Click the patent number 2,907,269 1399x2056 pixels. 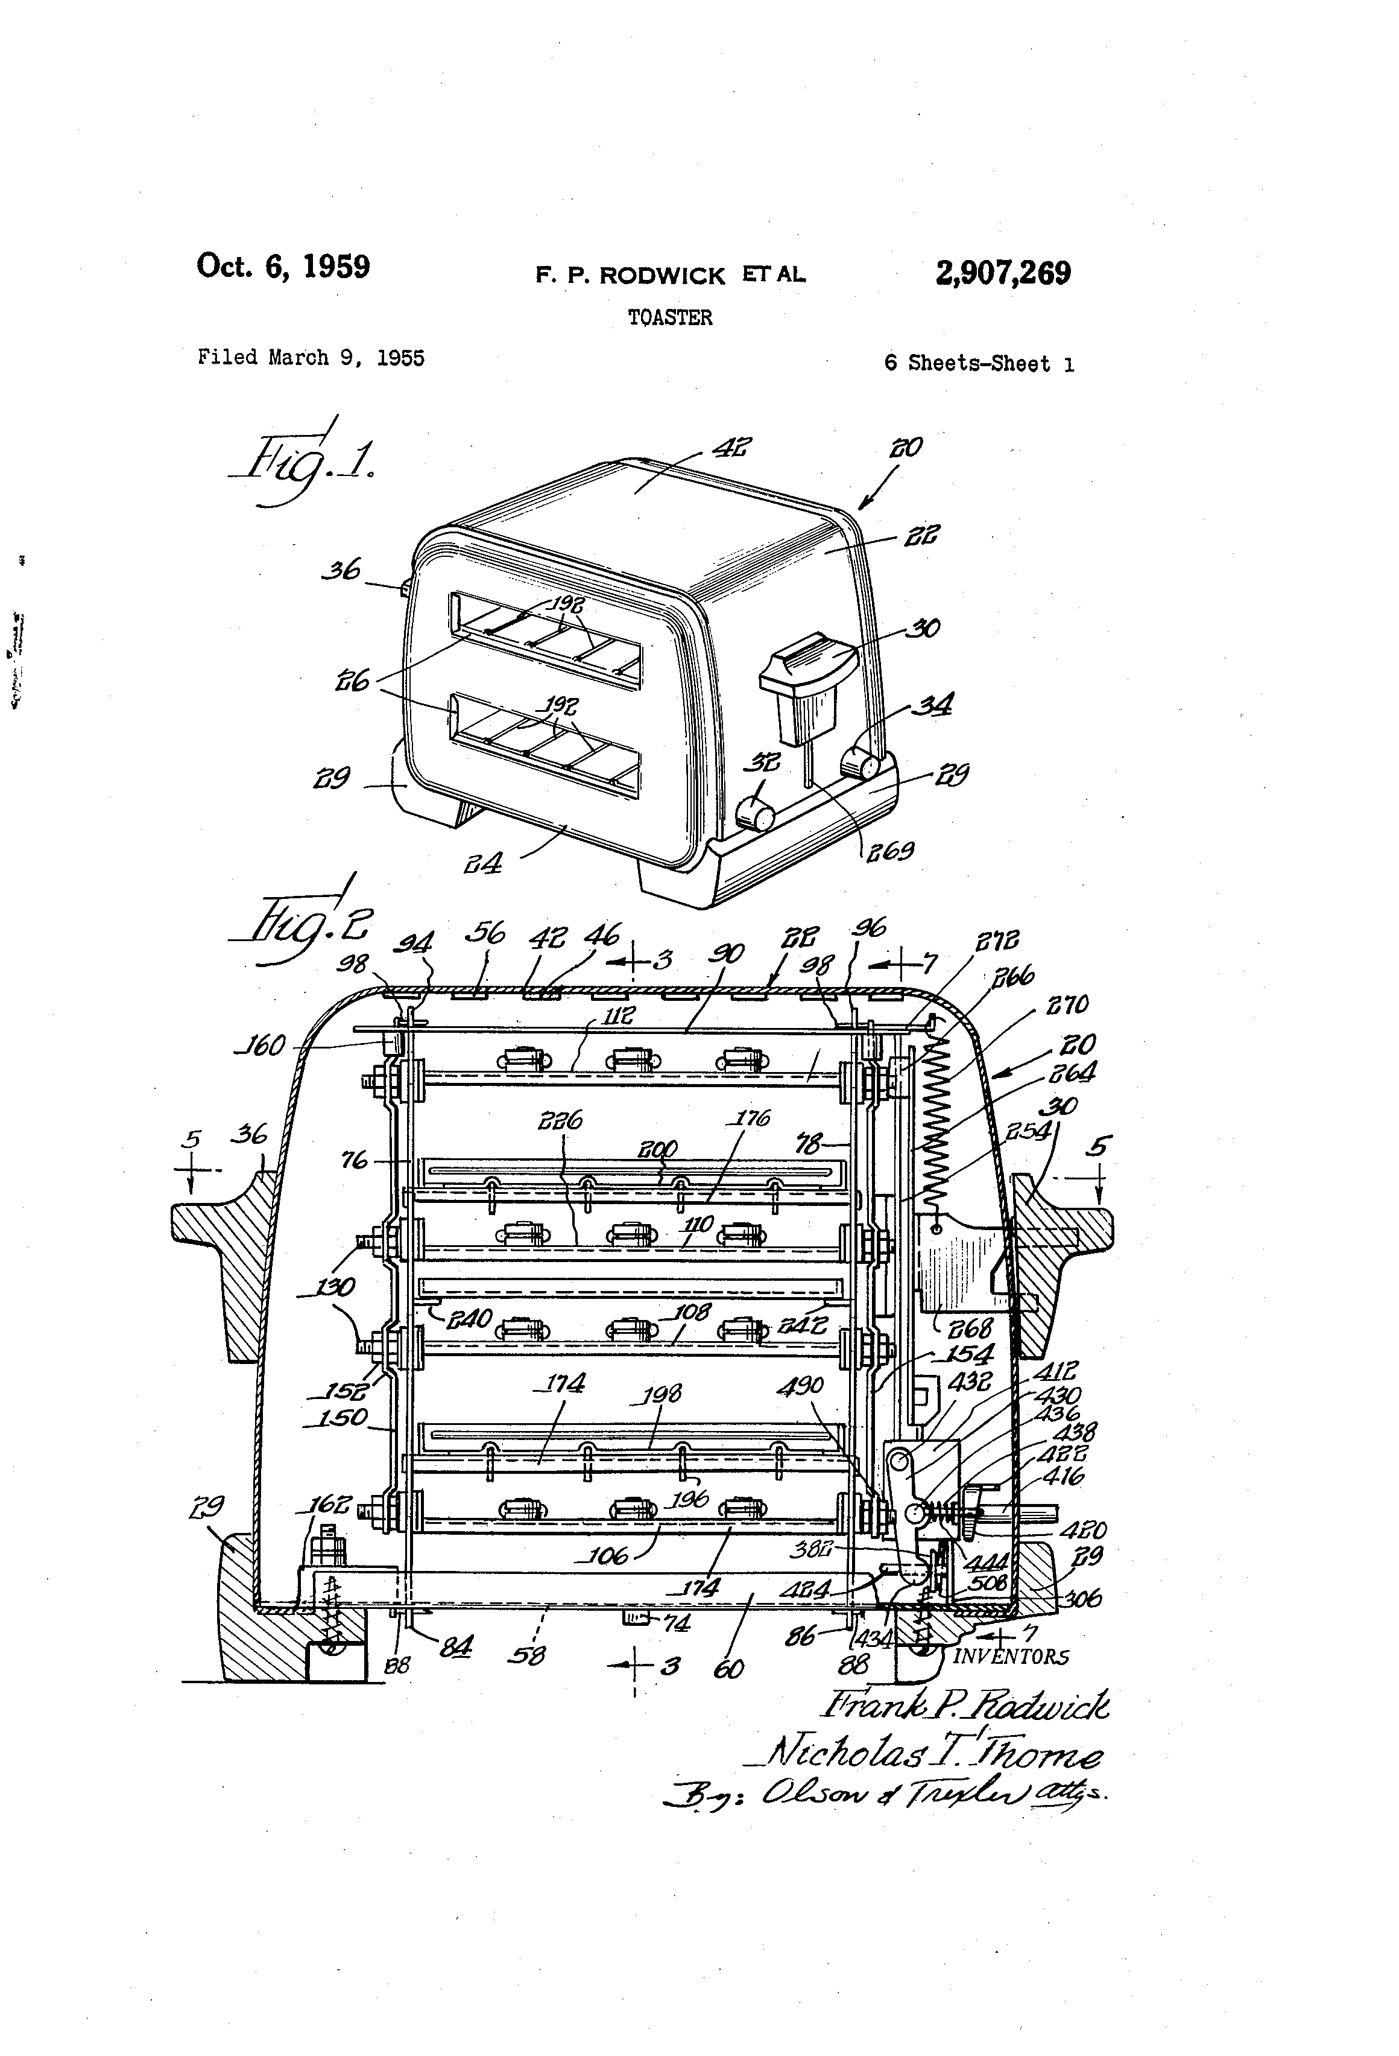(1003, 273)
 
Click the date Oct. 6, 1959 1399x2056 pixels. (283, 265)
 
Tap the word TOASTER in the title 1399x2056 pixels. (669, 317)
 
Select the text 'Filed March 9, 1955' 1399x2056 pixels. (311, 357)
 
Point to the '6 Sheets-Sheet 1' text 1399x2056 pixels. (979, 364)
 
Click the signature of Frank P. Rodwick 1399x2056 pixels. (965, 1704)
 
